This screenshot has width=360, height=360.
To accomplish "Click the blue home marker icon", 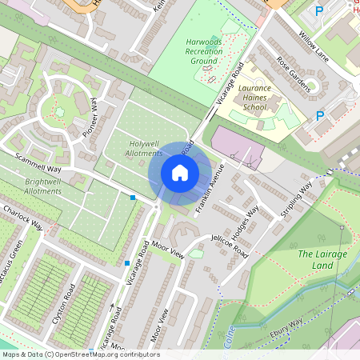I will point(180,173).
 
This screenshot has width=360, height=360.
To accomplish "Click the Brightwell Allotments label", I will point(42,186).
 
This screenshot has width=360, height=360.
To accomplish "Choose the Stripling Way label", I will point(295,199).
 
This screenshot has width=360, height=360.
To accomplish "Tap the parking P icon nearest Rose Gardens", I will point(320,116).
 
